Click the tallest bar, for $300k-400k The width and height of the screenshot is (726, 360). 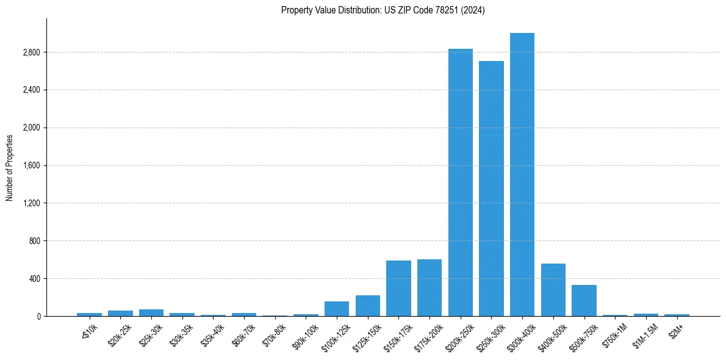click(522, 175)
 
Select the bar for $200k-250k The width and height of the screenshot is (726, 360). click(461, 182)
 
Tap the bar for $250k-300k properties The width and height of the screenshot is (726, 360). click(491, 189)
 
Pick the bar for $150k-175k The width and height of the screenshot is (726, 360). click(398, 288)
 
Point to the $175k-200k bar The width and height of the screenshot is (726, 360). click(429, 287)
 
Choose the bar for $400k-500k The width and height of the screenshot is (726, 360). click(553, 290)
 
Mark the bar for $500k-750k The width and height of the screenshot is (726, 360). click(584, 300)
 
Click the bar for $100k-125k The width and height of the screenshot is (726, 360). click(337, 309)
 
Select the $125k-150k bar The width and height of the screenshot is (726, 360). click(368, 306)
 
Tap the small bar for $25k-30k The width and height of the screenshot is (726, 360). click(151, 312)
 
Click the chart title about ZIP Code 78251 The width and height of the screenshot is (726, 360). click(383, 10)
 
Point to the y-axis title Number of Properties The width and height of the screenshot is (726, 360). click(9, 167)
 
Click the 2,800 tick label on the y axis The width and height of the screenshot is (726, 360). click(31, 52)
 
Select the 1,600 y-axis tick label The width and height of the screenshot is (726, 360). click(31, 165)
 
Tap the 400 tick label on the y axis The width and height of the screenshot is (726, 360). click(34, 279)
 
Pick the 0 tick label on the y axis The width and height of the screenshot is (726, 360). click(38, 316)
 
